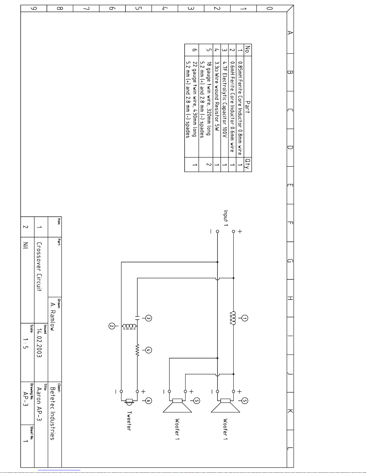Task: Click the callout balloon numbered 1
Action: point(245,318)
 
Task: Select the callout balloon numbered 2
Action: point(112,326)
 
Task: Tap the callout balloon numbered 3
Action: point(148,318)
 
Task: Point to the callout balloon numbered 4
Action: point(148,350)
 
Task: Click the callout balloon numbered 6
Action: point(148,401)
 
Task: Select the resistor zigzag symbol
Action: point(137,350)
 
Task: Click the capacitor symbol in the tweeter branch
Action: point(137,317)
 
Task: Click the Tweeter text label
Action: point(129,421)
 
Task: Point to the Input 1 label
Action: point(226,218)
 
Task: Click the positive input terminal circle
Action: point(233,231)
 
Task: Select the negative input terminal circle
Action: point(218,231)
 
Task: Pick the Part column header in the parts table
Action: point(248,107)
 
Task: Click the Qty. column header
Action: point(248,164)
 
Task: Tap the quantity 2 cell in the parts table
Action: point(209,164)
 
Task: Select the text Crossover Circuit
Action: point(39,266)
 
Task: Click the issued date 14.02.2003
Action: point(39,343)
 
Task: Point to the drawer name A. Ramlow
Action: point(53,316)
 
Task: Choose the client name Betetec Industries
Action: point(53,413)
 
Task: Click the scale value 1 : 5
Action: point(26,343)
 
